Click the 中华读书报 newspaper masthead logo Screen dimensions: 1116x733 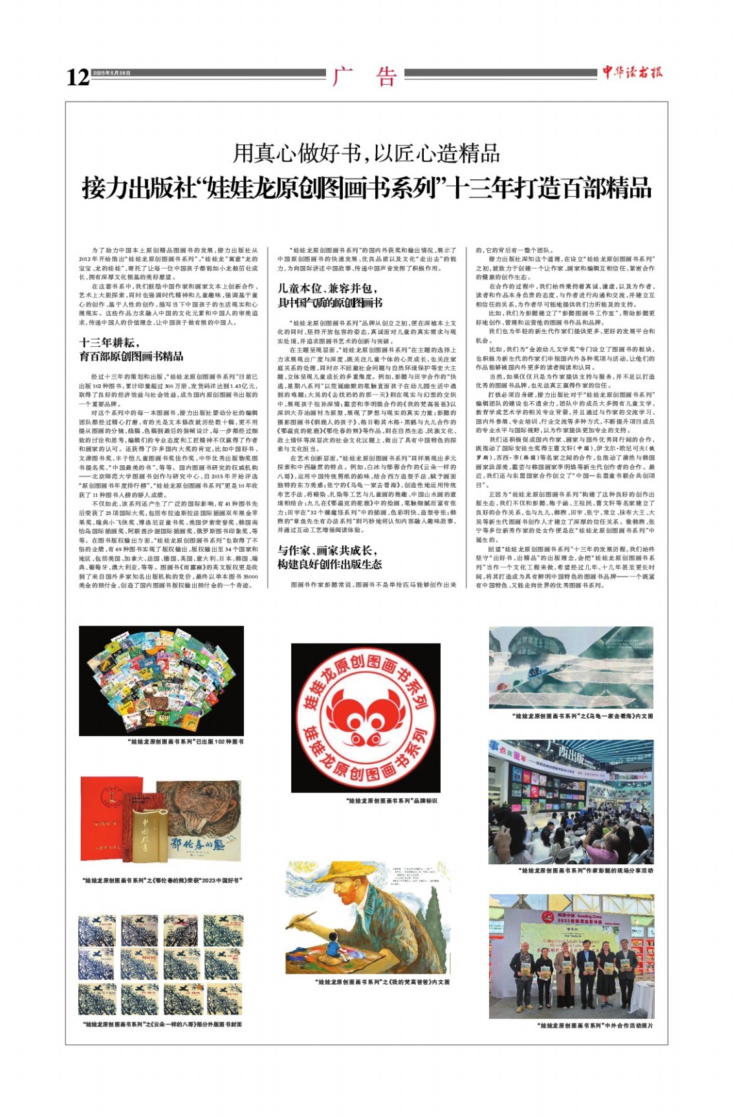(632, 72)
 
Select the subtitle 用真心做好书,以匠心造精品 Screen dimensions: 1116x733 (366, 153)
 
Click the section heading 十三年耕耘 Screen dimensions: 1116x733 (109, 343)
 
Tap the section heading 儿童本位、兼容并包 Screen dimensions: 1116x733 (327, 289)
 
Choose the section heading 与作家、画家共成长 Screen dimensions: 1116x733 (327, 551)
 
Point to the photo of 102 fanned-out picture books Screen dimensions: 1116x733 (161, 681)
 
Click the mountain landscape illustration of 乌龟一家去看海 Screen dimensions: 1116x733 (571, 667)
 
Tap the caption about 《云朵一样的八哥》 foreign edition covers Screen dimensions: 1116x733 (163, 1024)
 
